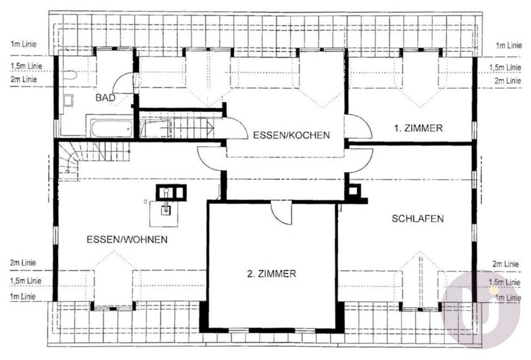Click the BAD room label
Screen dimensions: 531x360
coord(105,98)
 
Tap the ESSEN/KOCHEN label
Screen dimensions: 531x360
coord(291,135)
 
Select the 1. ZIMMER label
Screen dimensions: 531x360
coord(419,128)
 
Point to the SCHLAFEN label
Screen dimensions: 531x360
coord(418,219)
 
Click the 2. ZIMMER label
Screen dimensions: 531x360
coord(272,274)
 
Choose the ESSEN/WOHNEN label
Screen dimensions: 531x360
coord(127,240)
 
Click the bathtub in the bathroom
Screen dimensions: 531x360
coord(112,129)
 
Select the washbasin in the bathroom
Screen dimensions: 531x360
coord(69,101)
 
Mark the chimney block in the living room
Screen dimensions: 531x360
coord(171,193)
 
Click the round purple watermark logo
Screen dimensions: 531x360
coord(481,310)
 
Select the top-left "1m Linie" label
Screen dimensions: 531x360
coord(23,44)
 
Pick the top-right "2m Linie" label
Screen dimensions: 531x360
coord(508,81)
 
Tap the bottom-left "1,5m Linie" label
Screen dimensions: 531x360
coord(26,281)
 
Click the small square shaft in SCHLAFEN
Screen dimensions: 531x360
coord(354,191)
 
